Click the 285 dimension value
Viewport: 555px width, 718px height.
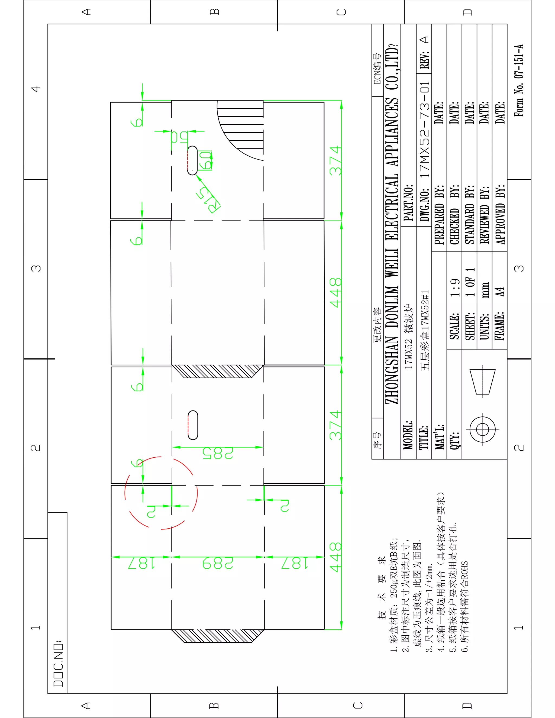pos(218,453)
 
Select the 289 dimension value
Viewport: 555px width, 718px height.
pos(218,563)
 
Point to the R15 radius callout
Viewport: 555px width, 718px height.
pos(208,200)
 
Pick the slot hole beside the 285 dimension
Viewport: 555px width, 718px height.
pos(193,425)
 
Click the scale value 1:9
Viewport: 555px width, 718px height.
pos(455,288)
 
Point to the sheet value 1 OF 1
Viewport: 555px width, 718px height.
pos(470,282)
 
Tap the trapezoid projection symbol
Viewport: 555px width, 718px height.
pos(483,382)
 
